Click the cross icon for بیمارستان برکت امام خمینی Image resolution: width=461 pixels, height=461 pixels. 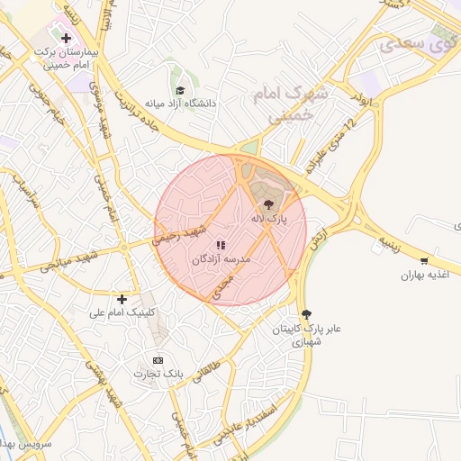(x=66, y=38)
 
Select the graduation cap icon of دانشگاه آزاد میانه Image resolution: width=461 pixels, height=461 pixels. (x=180, y=90)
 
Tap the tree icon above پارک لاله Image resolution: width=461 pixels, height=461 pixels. (x=267, y=203)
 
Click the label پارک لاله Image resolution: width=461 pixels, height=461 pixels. (x=269, y=218)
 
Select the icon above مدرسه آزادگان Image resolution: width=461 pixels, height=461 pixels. (x=221, y=244)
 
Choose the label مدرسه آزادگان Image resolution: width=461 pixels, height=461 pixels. (x=221, y=258)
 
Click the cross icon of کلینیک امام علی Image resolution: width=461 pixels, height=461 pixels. (x=122, y=298)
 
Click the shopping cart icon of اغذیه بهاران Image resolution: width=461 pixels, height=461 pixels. (x=424, y=260)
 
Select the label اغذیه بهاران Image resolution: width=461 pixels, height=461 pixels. (x=424, y=275)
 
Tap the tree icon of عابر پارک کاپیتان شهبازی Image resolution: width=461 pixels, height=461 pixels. (x=308, y=313)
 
